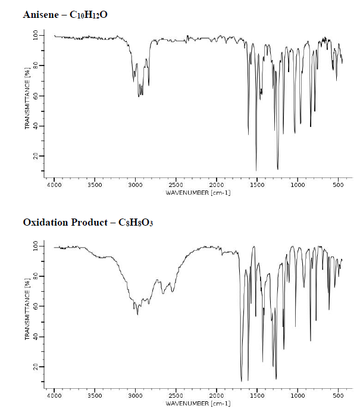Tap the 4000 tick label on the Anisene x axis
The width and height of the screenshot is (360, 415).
click(x=54, y=186)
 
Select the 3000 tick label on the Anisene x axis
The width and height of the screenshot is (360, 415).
click(x=135, y=186)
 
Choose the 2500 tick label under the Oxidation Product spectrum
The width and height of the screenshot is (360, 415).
click(x=176, y=395)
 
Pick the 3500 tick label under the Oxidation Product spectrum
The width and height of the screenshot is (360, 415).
click(x=95, y=395)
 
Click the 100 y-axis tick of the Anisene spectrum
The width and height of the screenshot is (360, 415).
click(x=34, y=36)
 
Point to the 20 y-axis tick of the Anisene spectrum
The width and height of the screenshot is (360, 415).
click(x=34, y=156)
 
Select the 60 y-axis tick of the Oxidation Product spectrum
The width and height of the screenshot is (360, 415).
click(x=34, y=307)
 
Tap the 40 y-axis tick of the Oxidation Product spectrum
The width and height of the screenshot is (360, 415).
click(x=34, y=337)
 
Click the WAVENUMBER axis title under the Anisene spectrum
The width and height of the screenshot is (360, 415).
click(x=198, y=193)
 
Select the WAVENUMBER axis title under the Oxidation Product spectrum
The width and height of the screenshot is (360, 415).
click(x=198, y=403)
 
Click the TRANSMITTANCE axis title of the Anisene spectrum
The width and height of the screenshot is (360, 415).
click(x=27, y=98)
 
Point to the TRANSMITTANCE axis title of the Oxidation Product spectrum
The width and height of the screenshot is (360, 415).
click(x=27, y=308)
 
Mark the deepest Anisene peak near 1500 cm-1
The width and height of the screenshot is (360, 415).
click(x=256, y=171)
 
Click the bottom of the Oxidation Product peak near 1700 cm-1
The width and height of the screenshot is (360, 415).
click(x=241, y=381)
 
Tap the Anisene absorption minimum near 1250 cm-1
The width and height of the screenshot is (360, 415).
click(x=277, y=170)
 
